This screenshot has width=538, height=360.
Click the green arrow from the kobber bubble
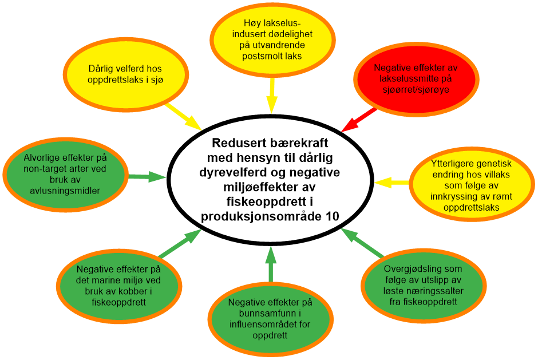[178, 244]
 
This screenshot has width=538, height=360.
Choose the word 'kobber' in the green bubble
[140, 292]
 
